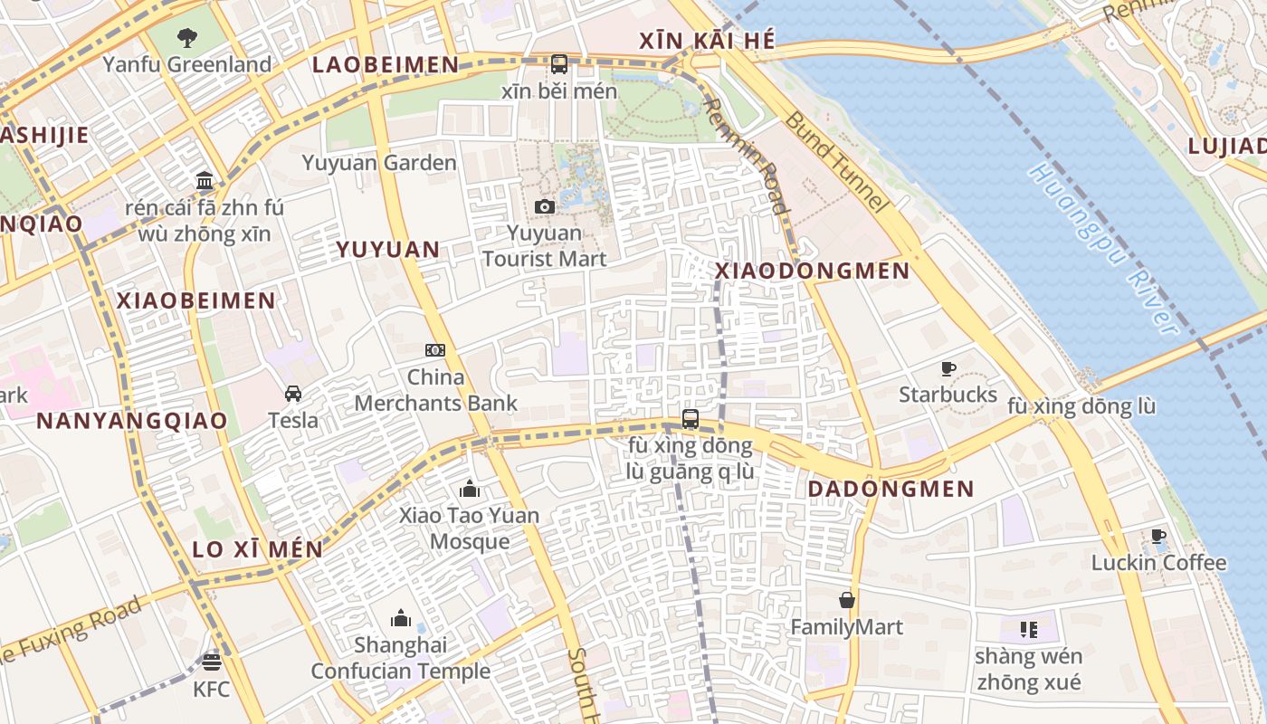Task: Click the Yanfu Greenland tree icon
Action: tap(187, 38)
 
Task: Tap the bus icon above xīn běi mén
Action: tap(559, 64)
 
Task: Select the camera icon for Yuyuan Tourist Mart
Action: tap(544, 207)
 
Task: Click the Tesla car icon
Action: tap(293, 394)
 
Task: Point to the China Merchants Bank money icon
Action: tap(435, 350)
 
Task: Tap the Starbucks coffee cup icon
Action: tap(948, 368)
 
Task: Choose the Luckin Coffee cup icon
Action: tap(1158, 537)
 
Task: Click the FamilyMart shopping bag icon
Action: tap(847, 600)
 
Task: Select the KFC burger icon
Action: tap(212, 662)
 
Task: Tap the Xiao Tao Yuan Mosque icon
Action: tap(470, 490)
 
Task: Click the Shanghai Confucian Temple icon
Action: tap(401, 619)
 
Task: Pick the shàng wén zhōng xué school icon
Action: tap(1028, 629)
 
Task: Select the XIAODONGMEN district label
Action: tap(813, 271)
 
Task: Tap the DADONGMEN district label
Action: tap(891, 490)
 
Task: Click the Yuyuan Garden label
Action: tap(379, 163)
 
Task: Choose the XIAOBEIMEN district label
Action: tap(196, 300)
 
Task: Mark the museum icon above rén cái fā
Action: tap(205, 180)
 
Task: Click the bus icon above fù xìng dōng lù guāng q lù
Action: tap(691, 419)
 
